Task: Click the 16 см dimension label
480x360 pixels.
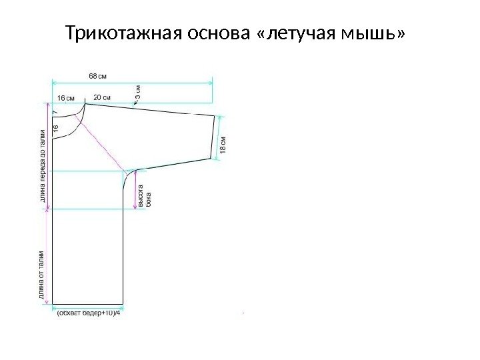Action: click(x=66, y=97)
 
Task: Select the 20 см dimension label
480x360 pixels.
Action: click(x=102, y=97)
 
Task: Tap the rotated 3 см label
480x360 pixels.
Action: click(x=139, y=91)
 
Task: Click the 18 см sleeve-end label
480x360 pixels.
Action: click(x=223, y=145)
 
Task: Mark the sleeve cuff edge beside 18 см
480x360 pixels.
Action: click(x=215, y=137)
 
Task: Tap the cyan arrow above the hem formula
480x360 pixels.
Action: click(x=87, y=306)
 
